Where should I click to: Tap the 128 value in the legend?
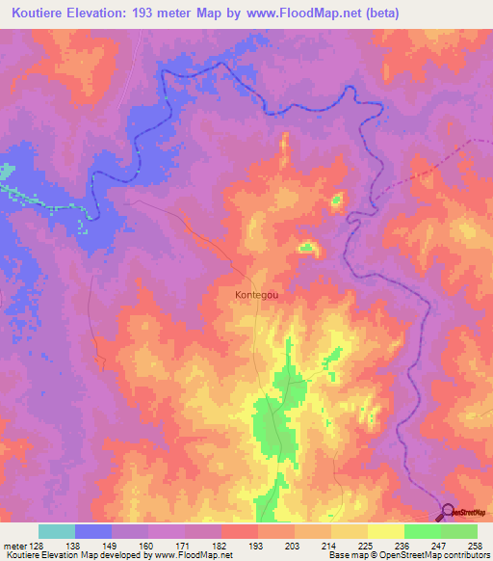(x=36, y=545)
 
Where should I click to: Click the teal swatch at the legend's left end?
(x=57, y=531)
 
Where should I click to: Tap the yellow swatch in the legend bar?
(x=385, y=531)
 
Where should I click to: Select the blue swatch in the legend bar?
(x=93, y=531)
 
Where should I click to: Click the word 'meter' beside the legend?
(x=13, y=545)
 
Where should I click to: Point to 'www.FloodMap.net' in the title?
(x=305, y=14)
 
